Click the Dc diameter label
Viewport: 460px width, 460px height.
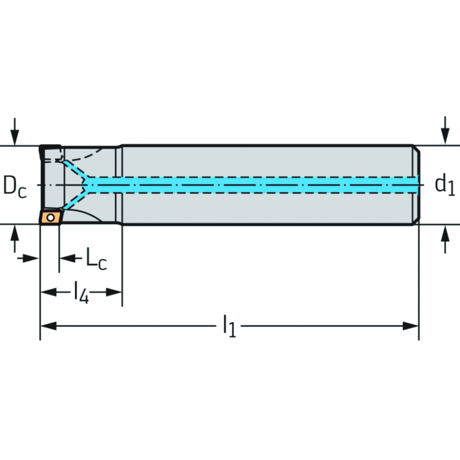15,187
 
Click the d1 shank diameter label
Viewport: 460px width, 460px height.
445,185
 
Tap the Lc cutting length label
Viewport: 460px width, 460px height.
96,259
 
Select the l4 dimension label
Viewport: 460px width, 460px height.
81,292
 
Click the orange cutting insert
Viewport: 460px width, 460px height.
51,217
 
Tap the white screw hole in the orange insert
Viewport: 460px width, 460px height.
51,218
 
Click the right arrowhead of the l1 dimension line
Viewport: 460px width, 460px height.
410,326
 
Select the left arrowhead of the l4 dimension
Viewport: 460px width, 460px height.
48,292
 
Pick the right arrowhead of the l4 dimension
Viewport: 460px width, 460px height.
114,292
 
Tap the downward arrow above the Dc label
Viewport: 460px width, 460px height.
15,132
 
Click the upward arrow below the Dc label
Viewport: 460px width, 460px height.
15,239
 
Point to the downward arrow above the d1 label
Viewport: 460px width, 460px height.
445,130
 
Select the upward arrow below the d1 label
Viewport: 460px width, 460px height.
445,239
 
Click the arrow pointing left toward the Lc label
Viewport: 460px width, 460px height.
71,259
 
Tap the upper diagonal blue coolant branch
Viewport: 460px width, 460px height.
76,169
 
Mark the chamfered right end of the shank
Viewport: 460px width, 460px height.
416,185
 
